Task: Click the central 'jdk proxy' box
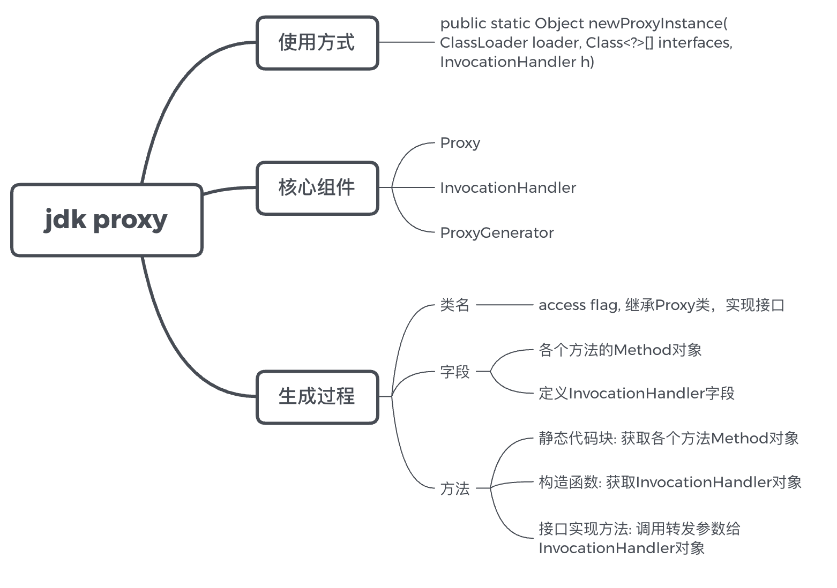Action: point(107,220)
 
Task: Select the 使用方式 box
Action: point(317,43)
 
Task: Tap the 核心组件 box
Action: point(317,188)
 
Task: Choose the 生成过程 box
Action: point(317,397)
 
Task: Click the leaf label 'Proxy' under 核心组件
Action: point(460,144)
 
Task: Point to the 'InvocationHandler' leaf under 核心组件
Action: point(507,188)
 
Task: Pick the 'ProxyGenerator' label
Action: point(496,233)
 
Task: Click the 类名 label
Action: point(454,305)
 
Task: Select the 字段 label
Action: point(454,372)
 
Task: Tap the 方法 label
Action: point(454,488)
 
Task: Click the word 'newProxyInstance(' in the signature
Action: point(657,24)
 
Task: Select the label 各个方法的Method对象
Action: point(620,350)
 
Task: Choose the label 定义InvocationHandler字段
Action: point(636,394)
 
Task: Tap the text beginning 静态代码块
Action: point(668,439)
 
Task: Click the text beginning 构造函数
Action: point(670,483)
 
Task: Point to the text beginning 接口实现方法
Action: point(639,529)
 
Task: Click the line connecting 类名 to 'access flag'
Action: point(504,305)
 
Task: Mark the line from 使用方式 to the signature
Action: point(406,42)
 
